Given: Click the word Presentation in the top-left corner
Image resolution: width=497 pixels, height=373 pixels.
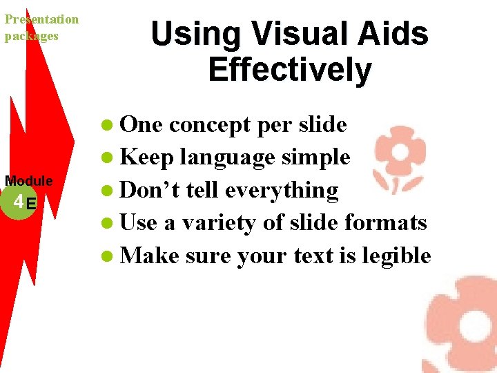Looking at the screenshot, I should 41,19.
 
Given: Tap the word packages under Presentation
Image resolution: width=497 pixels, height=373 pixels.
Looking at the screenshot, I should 32,35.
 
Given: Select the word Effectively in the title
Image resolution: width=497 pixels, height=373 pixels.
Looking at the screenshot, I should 289,70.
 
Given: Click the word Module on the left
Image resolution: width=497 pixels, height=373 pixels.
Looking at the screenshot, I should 29,181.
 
